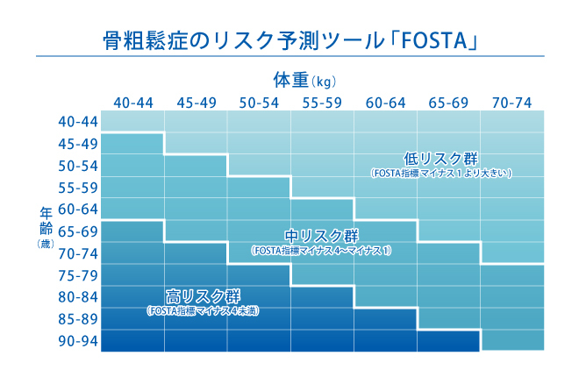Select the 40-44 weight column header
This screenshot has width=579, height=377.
[133, 103]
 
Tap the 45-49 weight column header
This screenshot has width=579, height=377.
[197, 103]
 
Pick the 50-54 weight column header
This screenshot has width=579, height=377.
[260, 103]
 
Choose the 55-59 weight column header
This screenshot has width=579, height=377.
[323, 103]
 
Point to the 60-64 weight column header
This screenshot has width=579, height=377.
[386, 103]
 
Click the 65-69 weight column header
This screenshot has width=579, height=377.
[449, 103]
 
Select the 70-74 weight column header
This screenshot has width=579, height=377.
[512, 103]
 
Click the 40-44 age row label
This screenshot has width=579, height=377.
[77, 122]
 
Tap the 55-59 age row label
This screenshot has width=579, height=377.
[77, 188]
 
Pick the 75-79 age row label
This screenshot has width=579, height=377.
[77, 275]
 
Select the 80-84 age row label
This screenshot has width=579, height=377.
[77, 297]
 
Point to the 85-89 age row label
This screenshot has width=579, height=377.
[77, 319]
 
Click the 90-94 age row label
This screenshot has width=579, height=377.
[77, 341]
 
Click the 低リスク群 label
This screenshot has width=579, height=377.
[440, 159]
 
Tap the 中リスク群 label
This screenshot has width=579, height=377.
[322, 236]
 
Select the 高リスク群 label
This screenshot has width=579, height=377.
[203, 295]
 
